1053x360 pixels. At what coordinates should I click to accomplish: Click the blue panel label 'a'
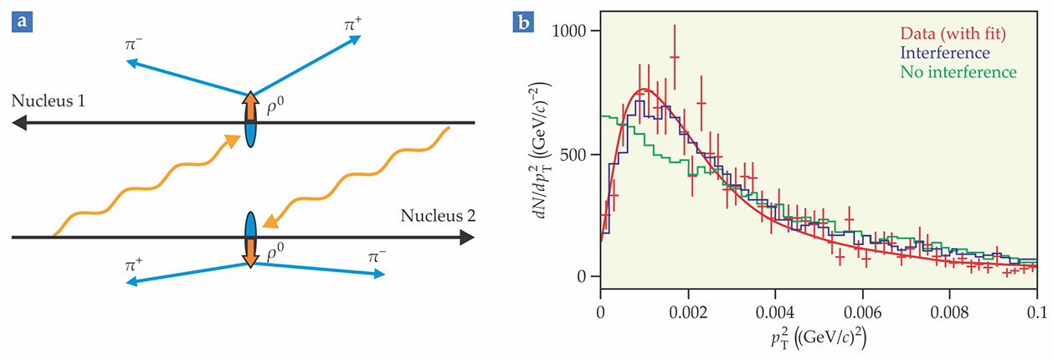click(22, 22)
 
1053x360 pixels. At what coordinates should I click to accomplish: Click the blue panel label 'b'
click(524, 22)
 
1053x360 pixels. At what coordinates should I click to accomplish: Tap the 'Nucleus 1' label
click(48, 100)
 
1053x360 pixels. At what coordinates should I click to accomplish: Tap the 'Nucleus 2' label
click(438, 216)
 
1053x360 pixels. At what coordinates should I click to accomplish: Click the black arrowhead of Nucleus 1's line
click(19, 123)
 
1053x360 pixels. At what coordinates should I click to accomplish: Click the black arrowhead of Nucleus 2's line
click(467, 237)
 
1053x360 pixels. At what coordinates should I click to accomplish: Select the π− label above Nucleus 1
click(133, 44)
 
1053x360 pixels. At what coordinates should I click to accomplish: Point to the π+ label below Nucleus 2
click(134, 265)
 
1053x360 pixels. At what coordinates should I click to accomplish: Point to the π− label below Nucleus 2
click(377, 257)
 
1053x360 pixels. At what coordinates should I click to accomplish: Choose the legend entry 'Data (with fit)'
click(953, 33)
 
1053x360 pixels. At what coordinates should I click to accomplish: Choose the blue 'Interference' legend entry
click(945, 53)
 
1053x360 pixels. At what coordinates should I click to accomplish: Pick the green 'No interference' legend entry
click(958, 72)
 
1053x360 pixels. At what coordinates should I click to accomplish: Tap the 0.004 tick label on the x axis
click(775, 312)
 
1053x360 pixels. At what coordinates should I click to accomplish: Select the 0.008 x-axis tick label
click(949, 312)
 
